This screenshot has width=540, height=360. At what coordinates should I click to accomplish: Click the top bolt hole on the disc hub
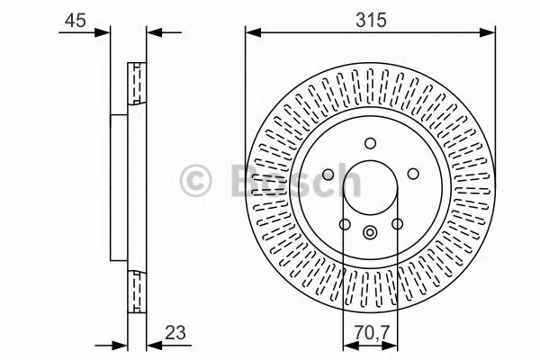click(371, 143)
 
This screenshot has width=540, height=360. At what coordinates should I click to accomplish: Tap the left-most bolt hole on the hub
click(328, 175)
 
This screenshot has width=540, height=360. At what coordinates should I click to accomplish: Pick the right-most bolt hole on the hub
click(413, 175)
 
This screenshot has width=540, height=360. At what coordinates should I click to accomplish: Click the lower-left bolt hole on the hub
click(345, 224)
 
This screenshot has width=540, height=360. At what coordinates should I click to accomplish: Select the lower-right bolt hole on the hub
click(397, 224)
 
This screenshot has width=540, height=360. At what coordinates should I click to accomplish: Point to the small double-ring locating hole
click(371, 234)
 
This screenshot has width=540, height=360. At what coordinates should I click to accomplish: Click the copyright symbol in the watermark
click(197, 180)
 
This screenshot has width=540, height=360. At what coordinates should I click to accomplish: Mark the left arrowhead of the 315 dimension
click(251, 33)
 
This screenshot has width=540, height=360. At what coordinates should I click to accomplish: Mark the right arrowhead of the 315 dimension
click(490, 33)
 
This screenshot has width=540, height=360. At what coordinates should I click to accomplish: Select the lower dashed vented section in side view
click(138, 289)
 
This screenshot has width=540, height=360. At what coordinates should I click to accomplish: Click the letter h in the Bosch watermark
click(343, 180)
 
